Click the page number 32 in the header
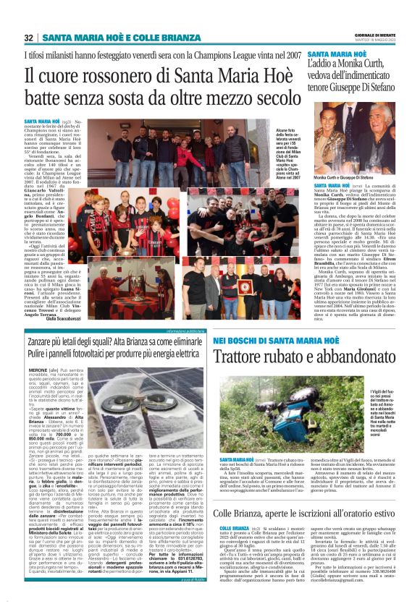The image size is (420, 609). point(29,38)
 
